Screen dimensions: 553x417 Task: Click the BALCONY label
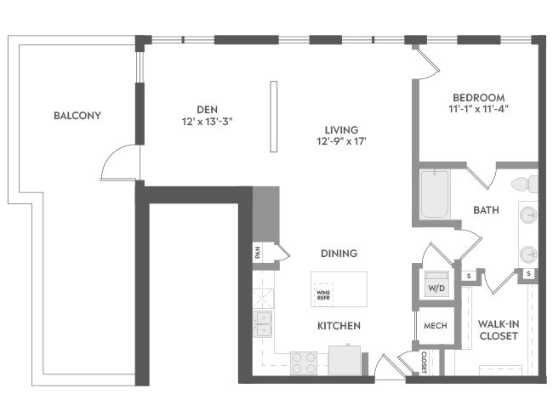[77, 116]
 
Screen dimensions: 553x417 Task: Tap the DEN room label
[207, 110]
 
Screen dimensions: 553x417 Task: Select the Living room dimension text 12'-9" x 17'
[342, 141]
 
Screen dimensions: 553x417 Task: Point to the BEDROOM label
[479, 97]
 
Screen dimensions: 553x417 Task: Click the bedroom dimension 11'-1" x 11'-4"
[479, 109]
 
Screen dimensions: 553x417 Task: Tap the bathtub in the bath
[435, 194]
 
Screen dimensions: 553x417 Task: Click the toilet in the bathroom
[524, 184]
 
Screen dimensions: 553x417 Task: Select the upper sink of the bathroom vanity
[528, 214]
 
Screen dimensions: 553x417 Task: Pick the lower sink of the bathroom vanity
[528, 254]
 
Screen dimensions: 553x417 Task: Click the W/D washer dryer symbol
[436, 283]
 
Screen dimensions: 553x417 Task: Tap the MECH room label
[436, 326]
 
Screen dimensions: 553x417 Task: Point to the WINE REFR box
[323, 295]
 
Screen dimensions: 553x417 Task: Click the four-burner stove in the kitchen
[304, 363]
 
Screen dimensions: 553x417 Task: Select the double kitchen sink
[263, 324]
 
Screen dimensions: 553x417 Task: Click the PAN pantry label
[258, 252]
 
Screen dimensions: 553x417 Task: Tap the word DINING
[339, 254]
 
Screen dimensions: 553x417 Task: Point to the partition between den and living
[274, 117]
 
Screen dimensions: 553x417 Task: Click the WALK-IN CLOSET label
[499, 330]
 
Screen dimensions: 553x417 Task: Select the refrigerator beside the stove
[345, 360]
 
